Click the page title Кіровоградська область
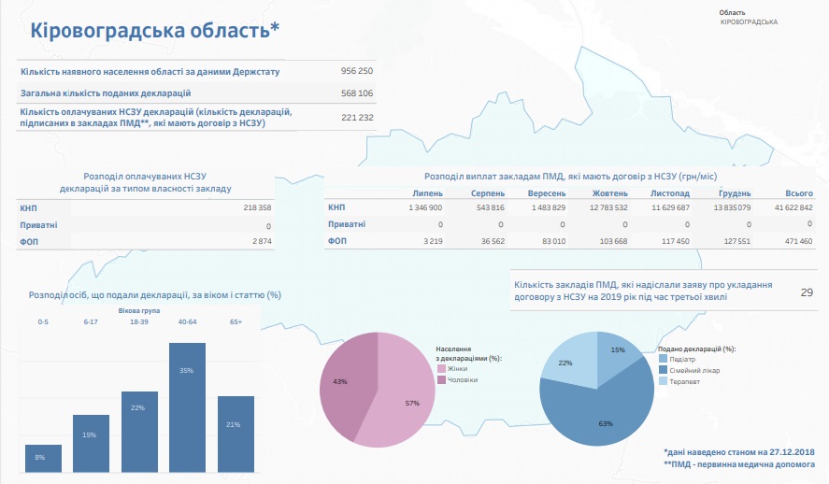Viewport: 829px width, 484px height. [x=155, y=31]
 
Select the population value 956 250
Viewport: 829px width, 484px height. [x=357, y=71]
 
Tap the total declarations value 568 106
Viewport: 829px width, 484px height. [x=357, y=93]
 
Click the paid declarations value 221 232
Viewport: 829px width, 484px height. [x=357, y=118]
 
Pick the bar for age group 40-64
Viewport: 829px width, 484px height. [x=187, y=407]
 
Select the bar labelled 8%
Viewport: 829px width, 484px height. [x=43, y=458]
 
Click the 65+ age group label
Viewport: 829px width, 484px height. [x=236, y=321]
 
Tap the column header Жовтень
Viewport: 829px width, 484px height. [x=610, y=193]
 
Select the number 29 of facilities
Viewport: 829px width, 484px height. [x=807, y=292]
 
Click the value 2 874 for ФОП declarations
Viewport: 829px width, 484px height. [x=261, y=241]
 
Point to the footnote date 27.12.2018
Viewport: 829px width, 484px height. [x=792, y=452]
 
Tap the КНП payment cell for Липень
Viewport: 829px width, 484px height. [x=425, y=207]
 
